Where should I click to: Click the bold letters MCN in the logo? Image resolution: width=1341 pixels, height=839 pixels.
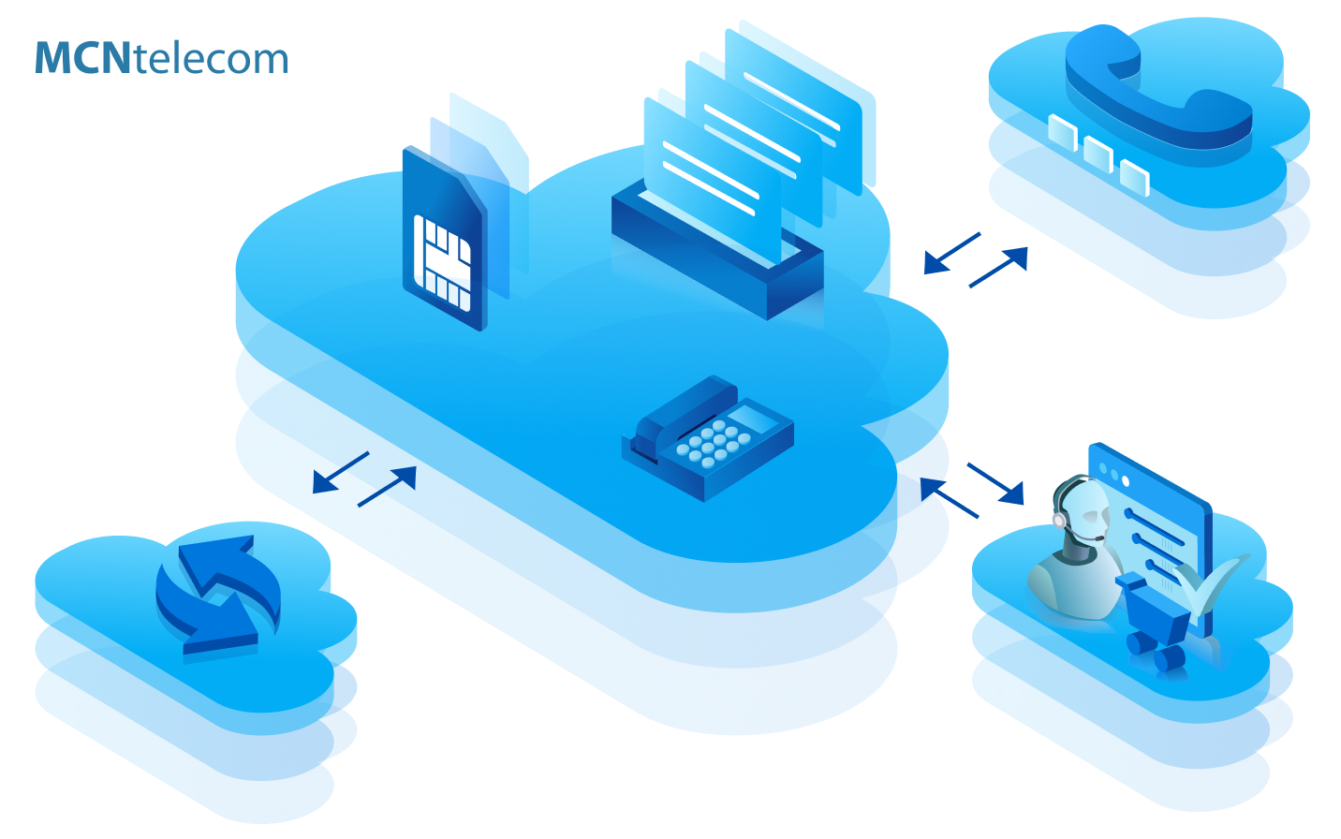pyautogui.click(x=82, y=58)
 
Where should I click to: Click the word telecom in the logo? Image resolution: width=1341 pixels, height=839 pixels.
pyautogui.click(x=211, y=58)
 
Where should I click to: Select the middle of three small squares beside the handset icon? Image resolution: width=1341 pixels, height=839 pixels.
pyautogui.click(x=1098, y=154)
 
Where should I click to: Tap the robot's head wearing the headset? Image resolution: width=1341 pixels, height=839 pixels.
pyautogui.click(x=1083, y=510)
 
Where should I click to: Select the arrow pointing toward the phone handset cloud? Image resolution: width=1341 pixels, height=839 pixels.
pyautogui.click(x=999, y=267)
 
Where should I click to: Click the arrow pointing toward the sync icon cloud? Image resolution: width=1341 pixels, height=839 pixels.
pyautogui.click(x=340, y=472)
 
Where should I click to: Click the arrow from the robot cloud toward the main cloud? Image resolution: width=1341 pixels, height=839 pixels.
pyautogui.click(x=948, y=497)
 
